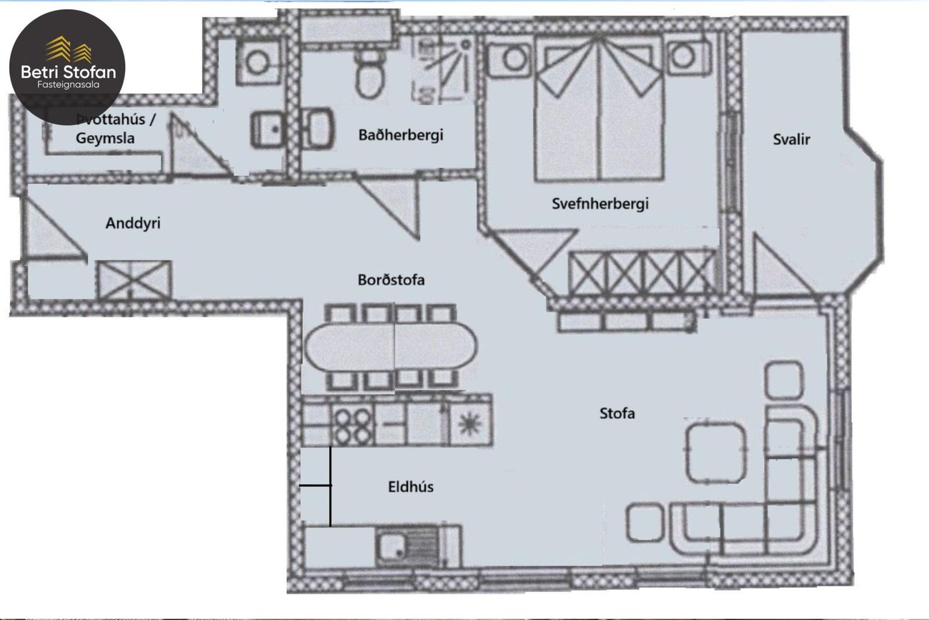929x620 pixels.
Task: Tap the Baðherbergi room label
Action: (401, 135)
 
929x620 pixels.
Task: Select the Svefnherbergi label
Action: (600, 204)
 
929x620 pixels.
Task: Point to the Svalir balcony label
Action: (791, 140)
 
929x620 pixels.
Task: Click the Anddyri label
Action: (133, 224)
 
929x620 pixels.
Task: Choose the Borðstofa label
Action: (391, 280)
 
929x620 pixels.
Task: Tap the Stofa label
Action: (617, 413)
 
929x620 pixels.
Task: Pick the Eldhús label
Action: (411, 487)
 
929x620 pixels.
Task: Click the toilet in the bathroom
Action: (369, 76)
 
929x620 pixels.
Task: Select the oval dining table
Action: (391, 346)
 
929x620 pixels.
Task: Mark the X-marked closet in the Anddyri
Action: (135, 280)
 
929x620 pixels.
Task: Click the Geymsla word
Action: (105, 139)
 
